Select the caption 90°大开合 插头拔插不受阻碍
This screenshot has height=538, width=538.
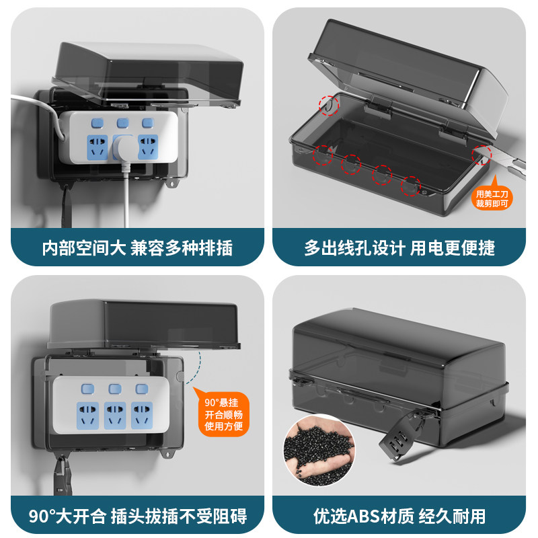pyautogui.click(x=138, y=516)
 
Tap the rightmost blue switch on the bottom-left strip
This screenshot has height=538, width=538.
pyautogui.click(x=141, y=389)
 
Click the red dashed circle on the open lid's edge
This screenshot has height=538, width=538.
pyautogui.click(x=328, y=106)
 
